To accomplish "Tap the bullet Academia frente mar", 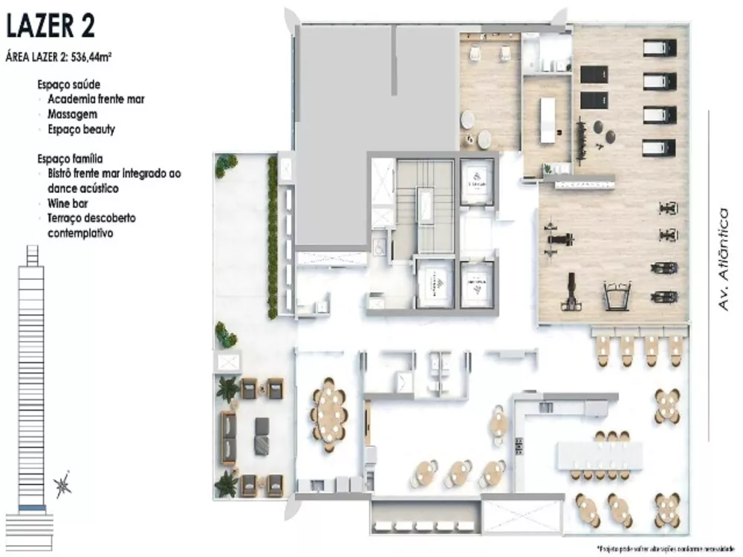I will [96, 100].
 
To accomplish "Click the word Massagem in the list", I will [72, 115].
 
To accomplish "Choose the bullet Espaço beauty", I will [82, 129].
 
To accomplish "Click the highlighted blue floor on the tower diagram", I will [30, 507].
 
